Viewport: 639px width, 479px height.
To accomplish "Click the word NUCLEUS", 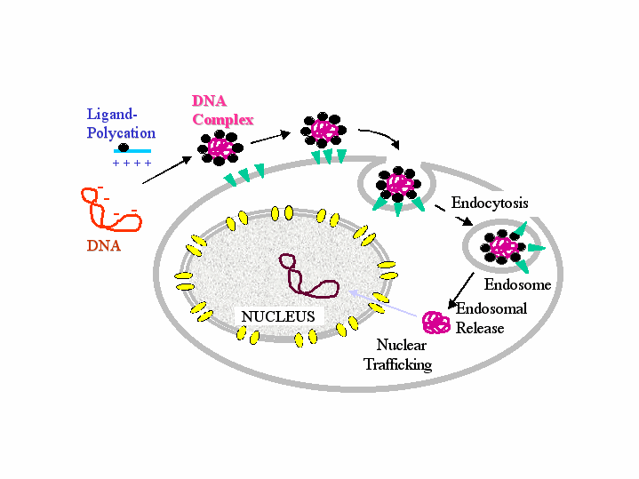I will [278, 315].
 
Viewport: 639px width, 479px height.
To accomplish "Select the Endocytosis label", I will [490, 203].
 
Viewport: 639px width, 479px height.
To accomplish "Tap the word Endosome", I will [517, 285].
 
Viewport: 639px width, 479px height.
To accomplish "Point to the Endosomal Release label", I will [491, 318].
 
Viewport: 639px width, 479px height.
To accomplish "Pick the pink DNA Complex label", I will [222, 111].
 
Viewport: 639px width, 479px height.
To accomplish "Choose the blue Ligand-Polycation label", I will [121, 124].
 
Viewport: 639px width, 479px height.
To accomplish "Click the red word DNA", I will [104, 246].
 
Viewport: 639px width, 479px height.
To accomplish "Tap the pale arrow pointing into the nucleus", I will [382, 301].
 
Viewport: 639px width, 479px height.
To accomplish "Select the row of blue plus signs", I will [132, 164].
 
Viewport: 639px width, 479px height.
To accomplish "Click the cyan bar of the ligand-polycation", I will [131, 151].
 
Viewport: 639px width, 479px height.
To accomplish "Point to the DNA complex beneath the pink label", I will [219, 147].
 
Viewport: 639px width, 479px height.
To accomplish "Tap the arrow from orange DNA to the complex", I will [166, 171].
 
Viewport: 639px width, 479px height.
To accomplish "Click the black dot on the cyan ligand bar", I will [124, 148].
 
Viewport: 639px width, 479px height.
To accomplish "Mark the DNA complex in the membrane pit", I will [397, 184].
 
